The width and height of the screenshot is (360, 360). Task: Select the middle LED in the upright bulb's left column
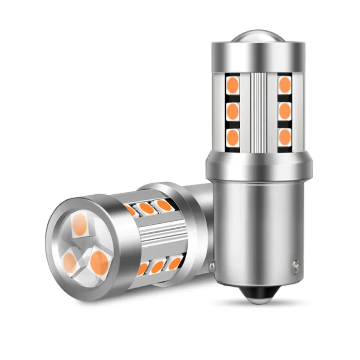(x=233, y=110)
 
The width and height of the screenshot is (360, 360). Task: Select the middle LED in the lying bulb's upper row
(x=145, y=208)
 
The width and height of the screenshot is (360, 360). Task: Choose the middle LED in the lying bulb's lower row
(x=157, y=267)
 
